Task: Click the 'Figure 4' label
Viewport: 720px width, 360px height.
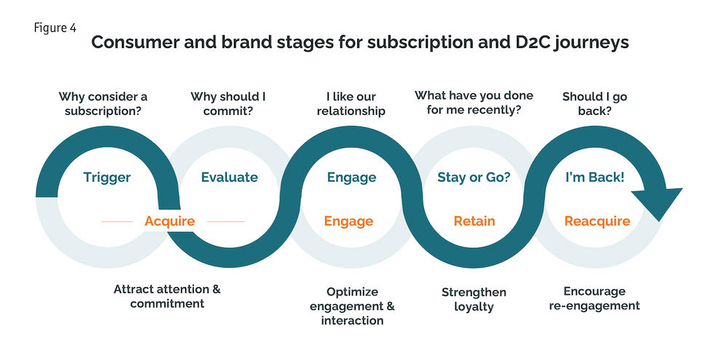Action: tap(55, 28)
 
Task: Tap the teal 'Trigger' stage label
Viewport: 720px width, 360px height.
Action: tap(107, 177)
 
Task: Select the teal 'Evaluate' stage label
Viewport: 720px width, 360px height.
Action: tap(229, 177)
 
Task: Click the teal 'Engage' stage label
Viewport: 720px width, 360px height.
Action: tap(351, 177)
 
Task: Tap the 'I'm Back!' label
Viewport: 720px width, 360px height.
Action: tap(594, 177)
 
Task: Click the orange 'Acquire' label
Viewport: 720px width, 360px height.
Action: tap(169, 221)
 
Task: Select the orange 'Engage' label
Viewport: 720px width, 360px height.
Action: tap(348, 221)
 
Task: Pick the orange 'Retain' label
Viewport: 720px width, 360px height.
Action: tap(474, 221)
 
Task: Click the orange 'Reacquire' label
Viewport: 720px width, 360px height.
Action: tap(597, 221)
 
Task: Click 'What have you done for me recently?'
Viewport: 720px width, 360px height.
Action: tap(473, 104)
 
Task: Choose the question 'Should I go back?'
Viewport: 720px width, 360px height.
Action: tap(595, 104)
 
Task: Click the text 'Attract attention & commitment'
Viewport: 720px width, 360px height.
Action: tap(167, 296)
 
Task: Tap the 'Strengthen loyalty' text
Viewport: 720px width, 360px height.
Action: tap(473, 299)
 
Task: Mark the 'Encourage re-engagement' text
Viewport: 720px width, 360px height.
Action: tap(594, 298)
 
